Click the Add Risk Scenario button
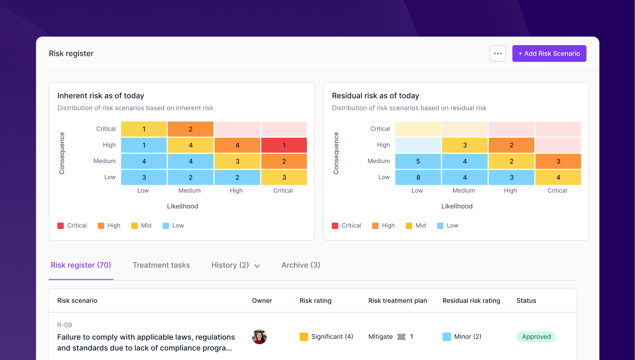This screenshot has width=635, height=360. [x=549, y=53]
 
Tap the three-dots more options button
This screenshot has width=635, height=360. [x=498, y=53]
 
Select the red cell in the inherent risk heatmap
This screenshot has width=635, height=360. [x=284, y=145]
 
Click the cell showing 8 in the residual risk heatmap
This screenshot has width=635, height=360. [x=418, y=178]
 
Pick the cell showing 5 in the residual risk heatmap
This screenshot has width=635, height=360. [x=418, y=161]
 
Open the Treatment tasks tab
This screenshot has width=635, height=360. [x=161, y=265]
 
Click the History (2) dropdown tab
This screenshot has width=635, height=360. [x=235, y=265]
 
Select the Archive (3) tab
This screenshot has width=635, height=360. [x=301, y=265]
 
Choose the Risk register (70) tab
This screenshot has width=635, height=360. [x=81, y=265]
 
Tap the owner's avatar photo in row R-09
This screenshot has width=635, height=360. [x=259, y=337]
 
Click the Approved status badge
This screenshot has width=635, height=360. [x=536, y=337]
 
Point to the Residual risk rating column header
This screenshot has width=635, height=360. [x=471, y=301]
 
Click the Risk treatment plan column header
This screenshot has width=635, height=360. [x=397, y=301]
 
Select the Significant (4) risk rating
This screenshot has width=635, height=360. [x=326, y=337]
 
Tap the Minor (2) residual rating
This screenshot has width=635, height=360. [x=462, y=337]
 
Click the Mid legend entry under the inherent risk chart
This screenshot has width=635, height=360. [x=141, y=226]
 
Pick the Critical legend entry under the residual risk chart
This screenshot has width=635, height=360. [x=346, y=226]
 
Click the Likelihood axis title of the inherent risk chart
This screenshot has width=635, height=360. [x=182, y=206]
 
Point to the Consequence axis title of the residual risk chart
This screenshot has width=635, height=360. [x=336, y=153]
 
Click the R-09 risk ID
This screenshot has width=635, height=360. [x=64, y=325]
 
